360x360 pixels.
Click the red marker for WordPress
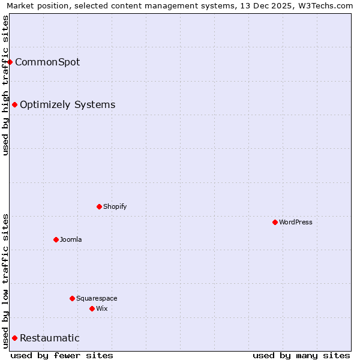pyautogui.click(x=275, y=222)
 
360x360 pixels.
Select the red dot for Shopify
pyautogui.click(x=99, y=206)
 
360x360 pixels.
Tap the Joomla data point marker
pyautogui.click(x=56, y=239)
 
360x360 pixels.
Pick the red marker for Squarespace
pyautogui.click(x=72, y=298)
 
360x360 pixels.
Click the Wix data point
pyautogui.click(x=92, y=308)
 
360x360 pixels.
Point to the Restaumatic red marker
pyautogui.click(x=14, y=338)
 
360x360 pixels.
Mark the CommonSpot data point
pyautogui.click(x=10, y=62)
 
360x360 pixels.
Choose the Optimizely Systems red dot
pyautogui.click(x=14, y=104)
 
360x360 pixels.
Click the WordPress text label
pyautogui.click(x=296, y=222)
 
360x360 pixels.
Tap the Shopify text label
pyautogui.click(x=115, y=206)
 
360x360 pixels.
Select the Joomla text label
pyautogui.click(x=71, y=239)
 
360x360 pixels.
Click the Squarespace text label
pyautogui.click(x=97, y=298)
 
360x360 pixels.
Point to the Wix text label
pyautogui.click(x=102, y=308)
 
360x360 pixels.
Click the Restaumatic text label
pyautogui.click(x=50, y=338)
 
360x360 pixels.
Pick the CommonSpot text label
pyautogui.click(x=47, y=62)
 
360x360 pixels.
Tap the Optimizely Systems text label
pyautogui.click(x=68, y=104)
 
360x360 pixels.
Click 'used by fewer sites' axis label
pyautogui.click(x=62, y=355)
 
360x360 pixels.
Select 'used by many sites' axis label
pyautogui.click(x=301, y=355)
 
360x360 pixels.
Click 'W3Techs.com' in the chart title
pyautogui.click(x=327, y=5)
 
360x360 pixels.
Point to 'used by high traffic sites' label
pyautogui.click(x=5, y=85)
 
